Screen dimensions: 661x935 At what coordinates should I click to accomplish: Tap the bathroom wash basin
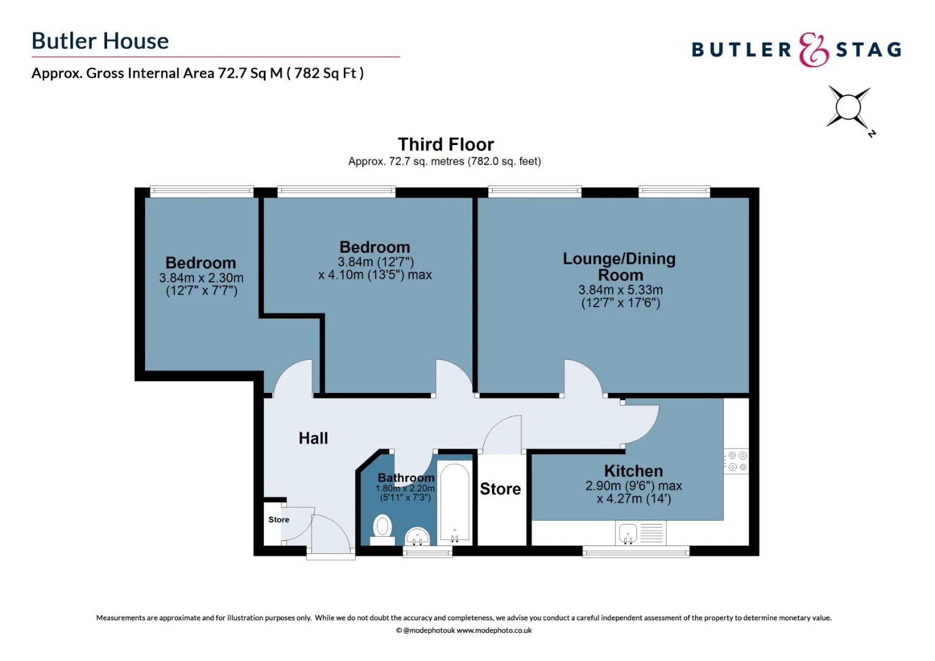point(418,536)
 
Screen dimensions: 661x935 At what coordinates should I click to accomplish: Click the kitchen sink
point(628,534)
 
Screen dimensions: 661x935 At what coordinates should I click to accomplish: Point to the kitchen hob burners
point(737,461)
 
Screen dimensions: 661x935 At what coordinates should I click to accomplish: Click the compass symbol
point(848,108)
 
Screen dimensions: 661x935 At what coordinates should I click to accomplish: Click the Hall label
point(313,438)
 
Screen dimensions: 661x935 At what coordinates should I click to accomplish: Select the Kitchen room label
point(633,471)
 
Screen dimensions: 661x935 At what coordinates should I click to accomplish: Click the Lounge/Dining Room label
point(619,267)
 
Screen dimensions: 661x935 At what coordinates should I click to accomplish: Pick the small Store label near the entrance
point(278,520)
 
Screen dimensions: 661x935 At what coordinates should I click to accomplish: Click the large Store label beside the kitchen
point(500,489)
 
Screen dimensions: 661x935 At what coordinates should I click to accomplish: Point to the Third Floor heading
point(445,144)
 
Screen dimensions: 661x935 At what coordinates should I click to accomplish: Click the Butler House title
point(100,41)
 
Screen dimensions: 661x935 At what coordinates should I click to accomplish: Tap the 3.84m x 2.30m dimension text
point(201,278)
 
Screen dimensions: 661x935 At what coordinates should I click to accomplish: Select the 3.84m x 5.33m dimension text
point(620,290)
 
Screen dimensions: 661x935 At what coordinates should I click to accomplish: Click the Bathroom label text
point(406,477)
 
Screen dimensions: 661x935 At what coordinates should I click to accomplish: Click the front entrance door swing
point(330,532)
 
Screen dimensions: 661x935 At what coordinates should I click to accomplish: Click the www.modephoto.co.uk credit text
point(494,630)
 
